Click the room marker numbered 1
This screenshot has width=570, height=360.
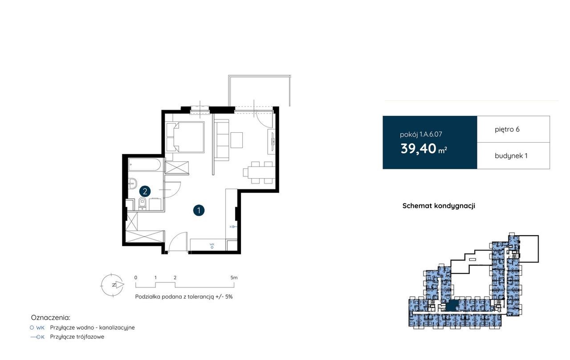pyautogui.click(x=199, y=211)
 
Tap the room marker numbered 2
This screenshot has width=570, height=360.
pyautogui.click(x=145, y=191)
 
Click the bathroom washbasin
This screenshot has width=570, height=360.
pyautogui.click(x=132, y=183)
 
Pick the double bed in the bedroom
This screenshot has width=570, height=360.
pyautogui.click(x=185, y=137)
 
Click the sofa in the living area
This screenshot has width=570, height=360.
pyautogui.click(x=221, y=141)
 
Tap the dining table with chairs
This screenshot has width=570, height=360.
pyautogui.click(x=259, y=172)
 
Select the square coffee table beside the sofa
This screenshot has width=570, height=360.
pyautogui.click(x=236, y=140)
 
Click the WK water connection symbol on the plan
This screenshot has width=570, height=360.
pyautogui.click(x=212, y=245)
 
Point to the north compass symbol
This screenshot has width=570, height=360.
pyautogui.click(x=113, y=285)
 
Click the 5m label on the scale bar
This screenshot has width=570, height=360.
pyautogui.click(x=234, y=278)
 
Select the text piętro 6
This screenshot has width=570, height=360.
pyautogui.click(x=507, y=130)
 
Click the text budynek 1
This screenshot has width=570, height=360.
pyautogui.click(x=511, y=156)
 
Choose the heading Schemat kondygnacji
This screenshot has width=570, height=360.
pyautogui.click(x=439, y=206)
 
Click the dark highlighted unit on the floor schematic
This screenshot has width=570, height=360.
pyautogui.click(x=452, y=306)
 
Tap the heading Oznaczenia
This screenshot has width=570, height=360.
pyautogui.click(x=50, y=318)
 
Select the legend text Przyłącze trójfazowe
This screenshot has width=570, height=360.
pyautogui.click(x=77, y=337)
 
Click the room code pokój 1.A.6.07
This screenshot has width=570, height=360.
pyautogui.click(x=421, y=134)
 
